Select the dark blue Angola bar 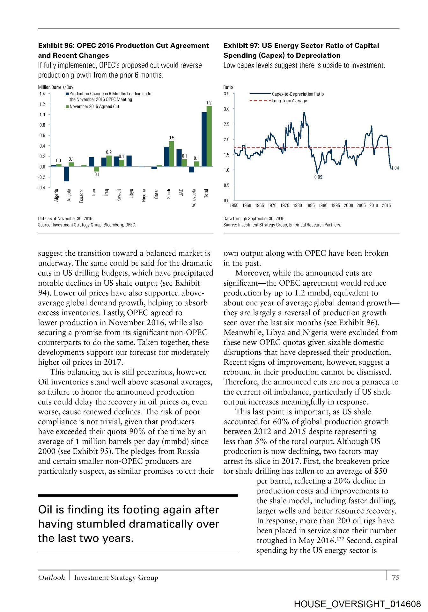66,174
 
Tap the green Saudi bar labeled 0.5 172,154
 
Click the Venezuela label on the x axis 194,198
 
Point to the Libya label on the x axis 131,193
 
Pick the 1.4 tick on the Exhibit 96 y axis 42,94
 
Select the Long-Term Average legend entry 289,101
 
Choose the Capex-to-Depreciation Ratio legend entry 298,94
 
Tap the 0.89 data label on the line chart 318,177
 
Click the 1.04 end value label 395,168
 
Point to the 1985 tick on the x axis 310,206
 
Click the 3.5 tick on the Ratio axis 226,94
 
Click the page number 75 395,577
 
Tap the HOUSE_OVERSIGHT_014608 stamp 357,604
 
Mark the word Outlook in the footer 51,577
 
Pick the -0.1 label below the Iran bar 96,174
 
